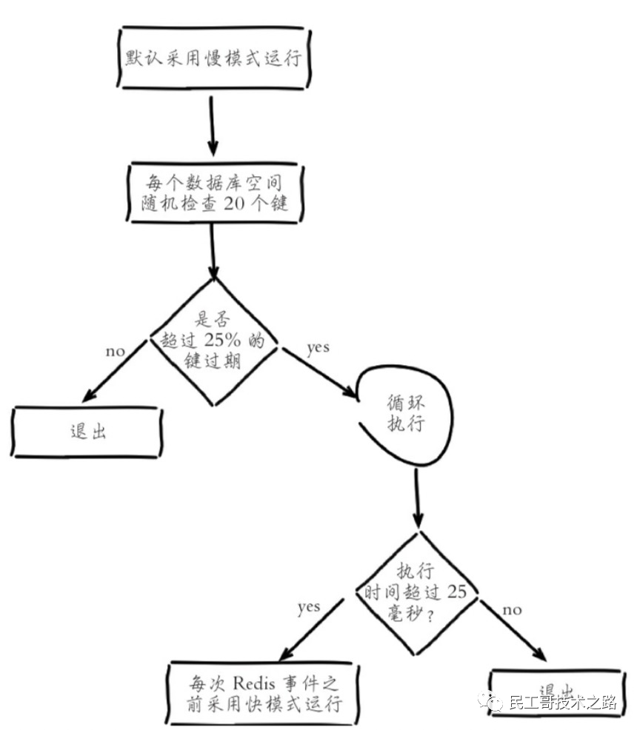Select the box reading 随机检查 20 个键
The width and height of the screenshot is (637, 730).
pyautogui.click(x=213, y=191)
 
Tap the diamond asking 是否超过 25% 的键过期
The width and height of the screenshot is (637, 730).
pyautogui.click(x=213, y=341)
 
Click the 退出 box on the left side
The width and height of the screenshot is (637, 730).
pyautogui.click(x=87, y=432)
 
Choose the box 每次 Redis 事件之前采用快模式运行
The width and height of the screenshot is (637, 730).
pyautogui.click(x=264, y=694)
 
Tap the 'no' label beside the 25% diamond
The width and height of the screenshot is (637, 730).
pyautogui.click(x=115, y=350)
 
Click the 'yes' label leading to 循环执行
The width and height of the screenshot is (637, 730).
pyautogui.click(x=317, y=347)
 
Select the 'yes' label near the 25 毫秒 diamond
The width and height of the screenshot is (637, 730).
pyautogui.click(x=308, y=607)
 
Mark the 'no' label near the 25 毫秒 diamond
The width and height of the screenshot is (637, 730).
pyautogui.click(x=512, y=609)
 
